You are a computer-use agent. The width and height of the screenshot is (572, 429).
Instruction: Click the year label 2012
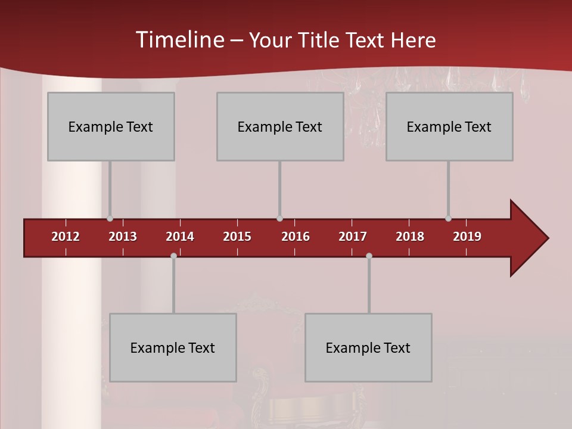(x=66, y=237)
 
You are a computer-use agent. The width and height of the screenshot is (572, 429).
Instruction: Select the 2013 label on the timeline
(x=123, y=237)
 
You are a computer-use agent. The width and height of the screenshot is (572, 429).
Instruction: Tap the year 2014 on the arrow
(x=180, y=237)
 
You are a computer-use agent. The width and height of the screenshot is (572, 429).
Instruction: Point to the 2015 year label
(x=237, y=237)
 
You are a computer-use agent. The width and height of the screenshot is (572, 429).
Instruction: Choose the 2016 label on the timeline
(x=296, y=237)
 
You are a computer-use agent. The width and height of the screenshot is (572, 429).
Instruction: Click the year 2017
(x=353, y=237)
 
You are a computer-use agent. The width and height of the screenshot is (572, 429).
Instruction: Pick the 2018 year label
(x=410, y=237)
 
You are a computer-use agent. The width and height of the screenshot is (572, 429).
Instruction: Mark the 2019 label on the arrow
(x=467, y=237)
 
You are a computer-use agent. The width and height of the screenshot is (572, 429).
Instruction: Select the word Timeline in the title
(x=179, y=40)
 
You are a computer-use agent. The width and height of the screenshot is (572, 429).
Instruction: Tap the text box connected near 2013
(x=111, y=127)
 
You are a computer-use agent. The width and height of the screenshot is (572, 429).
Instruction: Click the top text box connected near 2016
(x=280, y=127)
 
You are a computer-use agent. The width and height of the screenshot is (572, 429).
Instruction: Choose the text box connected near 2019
(x=449, y=127)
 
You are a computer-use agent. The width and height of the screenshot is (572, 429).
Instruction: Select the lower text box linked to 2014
(x=173, y=348)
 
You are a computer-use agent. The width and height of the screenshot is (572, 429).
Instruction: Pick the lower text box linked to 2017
(x=368, y=348)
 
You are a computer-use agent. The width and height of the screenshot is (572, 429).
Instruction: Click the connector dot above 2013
(x=110, y=219)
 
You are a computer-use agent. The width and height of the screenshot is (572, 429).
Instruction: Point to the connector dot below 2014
(x=173, y=256)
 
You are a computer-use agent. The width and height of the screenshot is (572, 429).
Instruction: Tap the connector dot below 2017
(x=369, y=256)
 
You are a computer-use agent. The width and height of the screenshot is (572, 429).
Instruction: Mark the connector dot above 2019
(x=448, y=219)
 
